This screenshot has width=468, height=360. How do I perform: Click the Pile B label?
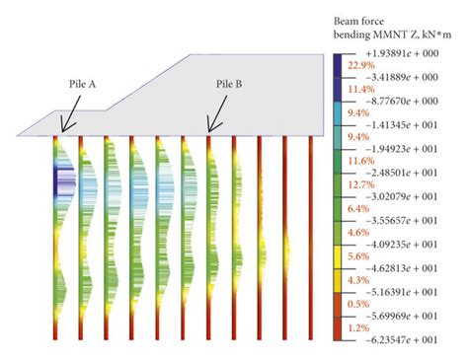point(234,86)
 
